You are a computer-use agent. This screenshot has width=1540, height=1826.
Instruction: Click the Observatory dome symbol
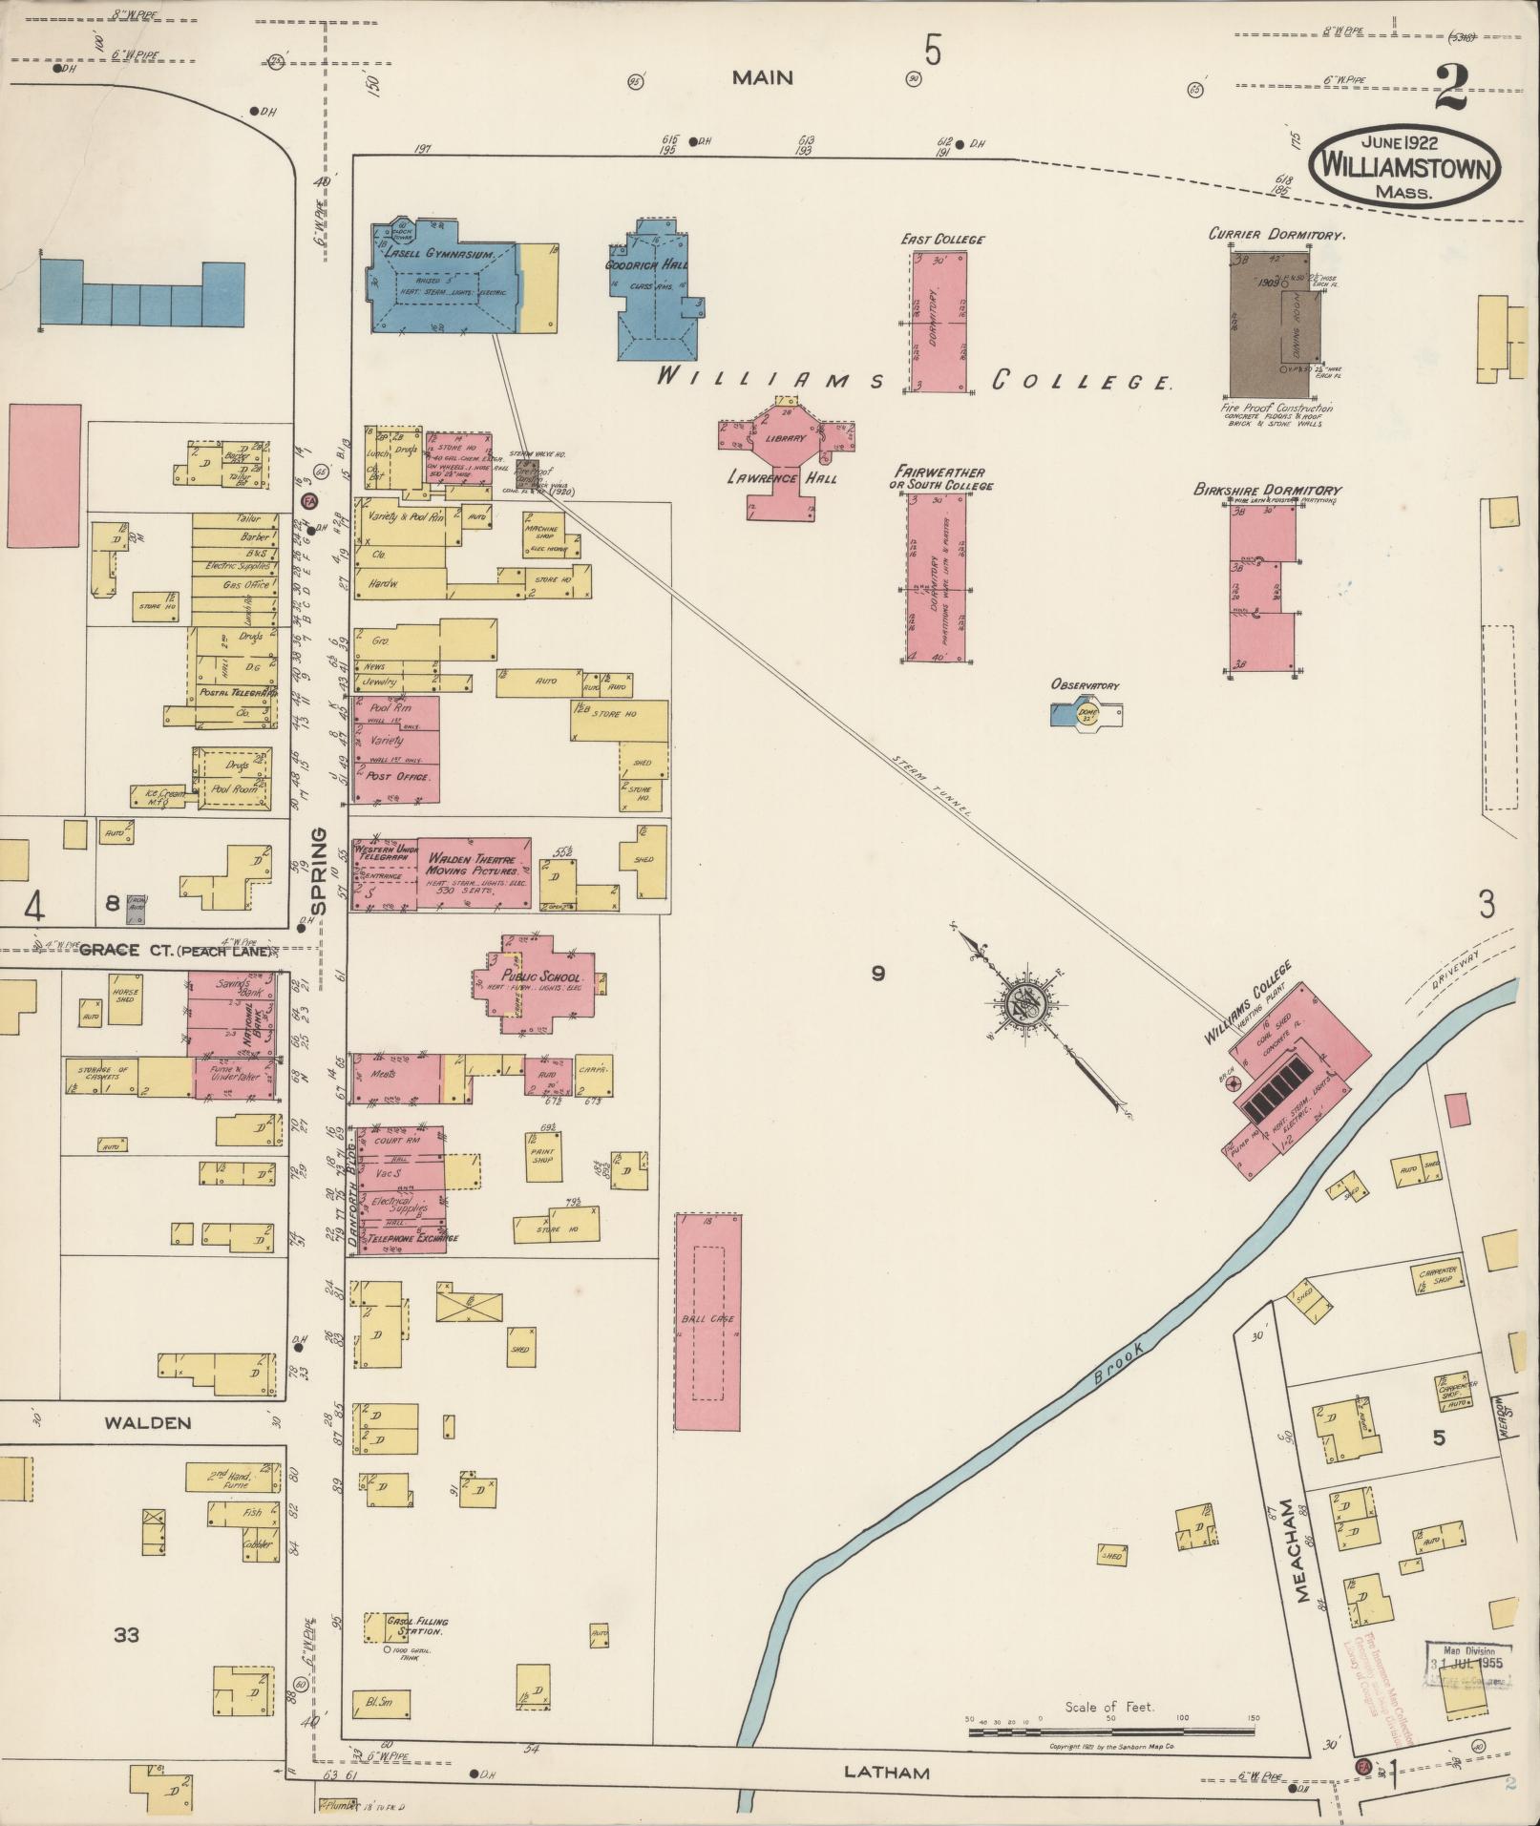[1087, 713]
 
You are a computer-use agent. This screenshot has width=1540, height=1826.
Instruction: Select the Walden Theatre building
[473, 871]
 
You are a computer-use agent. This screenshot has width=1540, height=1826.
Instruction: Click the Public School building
[540, 983]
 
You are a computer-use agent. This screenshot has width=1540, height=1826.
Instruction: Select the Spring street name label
[318, 870]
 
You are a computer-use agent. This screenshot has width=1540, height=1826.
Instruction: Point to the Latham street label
[887, 1773]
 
